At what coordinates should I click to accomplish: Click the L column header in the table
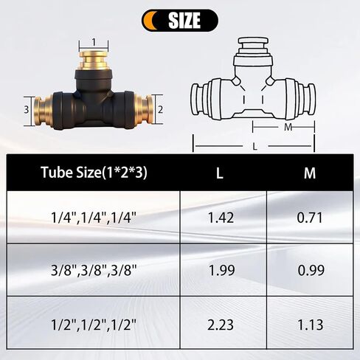[x=220, y=173]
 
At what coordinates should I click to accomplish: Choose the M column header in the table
[x=310, y=173]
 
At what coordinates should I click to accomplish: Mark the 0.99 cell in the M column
[x=310, y=269]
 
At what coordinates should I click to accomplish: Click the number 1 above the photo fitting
[x=94, y=41]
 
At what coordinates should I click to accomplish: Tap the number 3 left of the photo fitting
[x=26, y=109]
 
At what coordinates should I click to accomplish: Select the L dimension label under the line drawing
[x=255, y=147]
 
